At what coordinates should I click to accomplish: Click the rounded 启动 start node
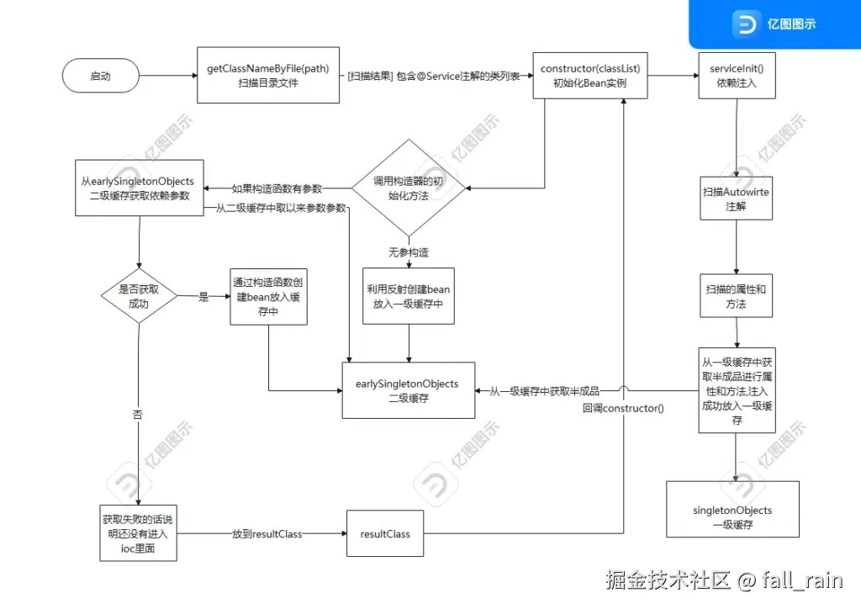click(100, 76)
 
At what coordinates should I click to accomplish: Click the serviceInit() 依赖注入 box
click(736, 76)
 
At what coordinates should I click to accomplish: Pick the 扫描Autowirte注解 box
click(737, 199)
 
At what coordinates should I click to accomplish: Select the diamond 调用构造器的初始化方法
click(407, 188)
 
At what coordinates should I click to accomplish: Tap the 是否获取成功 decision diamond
click(139, 297)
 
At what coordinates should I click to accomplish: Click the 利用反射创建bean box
click(409, 296)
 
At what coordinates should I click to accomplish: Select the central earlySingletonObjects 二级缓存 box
click(408, 390)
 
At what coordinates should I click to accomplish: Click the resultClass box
click(385, 534)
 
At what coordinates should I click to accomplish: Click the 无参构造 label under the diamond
click(408, 252)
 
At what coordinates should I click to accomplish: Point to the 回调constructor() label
click(623, 408)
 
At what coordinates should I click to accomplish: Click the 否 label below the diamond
click(138, 416)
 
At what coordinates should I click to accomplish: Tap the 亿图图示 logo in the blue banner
click(774, 24)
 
